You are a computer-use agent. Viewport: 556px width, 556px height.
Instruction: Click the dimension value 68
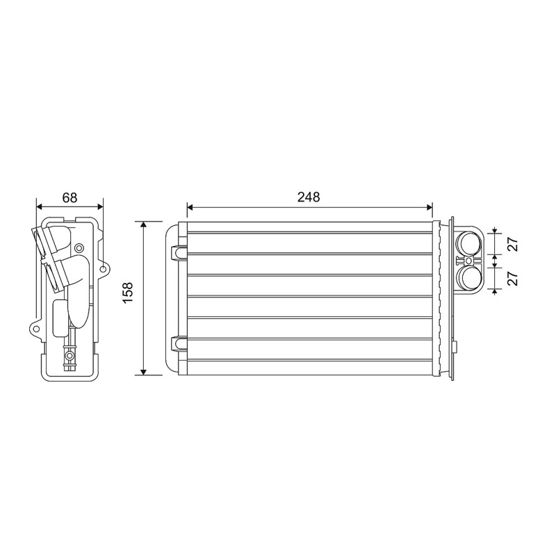pos(69,197)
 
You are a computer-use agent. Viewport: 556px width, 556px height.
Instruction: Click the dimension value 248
pos(309,197)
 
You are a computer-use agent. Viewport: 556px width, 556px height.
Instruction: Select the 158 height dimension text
pos(127,292)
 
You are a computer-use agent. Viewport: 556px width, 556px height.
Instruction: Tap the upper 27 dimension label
pos(513,245)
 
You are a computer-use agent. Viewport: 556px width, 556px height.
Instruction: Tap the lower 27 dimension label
pos(513,279)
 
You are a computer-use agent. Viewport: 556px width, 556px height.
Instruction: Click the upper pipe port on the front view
pos(468,243)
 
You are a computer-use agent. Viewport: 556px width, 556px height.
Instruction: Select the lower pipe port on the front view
pos(468,278)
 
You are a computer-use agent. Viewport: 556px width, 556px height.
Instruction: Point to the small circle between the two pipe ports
pos(468,261)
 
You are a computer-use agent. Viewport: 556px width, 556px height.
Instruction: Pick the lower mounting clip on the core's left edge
pos(179,343)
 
